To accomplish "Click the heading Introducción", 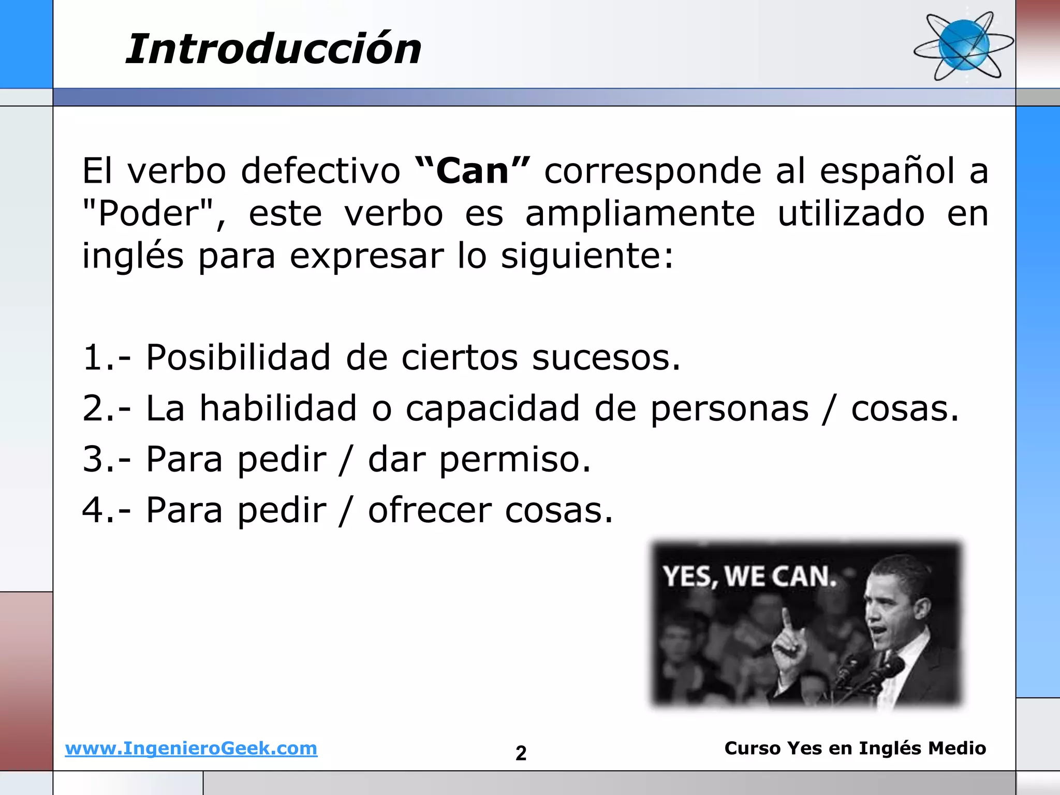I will [x=273, y=49].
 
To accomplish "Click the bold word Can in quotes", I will [x=473, y=171].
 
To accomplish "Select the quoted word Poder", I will [x=149, y=214].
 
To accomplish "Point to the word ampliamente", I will [x=640, y=214].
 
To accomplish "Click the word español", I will [x=887, y=171].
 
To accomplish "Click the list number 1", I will [x=93, y=358].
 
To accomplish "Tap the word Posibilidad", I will [x=238, y=357].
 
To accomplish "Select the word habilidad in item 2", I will [x=278, y=408].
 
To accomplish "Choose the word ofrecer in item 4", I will [x=430, y=510].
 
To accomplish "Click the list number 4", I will [x=93, y=510].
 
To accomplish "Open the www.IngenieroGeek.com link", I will [x=191, y=748].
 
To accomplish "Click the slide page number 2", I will [x=521, y=753].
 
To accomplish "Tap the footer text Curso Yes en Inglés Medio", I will [x=855, y=748].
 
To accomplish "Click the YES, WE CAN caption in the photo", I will [x=749, y=577].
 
